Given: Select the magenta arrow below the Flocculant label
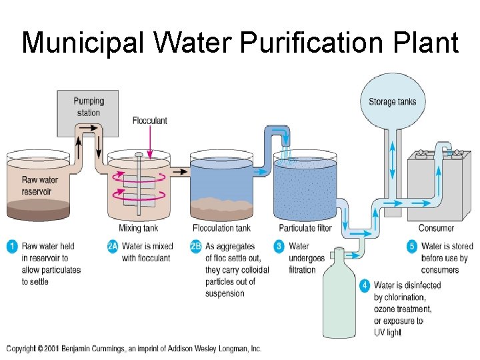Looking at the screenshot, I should coord(150,139).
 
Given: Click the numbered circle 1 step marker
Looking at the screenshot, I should coord(11,247).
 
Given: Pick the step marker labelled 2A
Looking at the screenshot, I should coord(113,247).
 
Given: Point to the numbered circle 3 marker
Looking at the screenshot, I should coord(279,247).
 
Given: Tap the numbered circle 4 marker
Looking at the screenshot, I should coord(365,285).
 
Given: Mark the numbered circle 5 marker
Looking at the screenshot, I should coord(412,247).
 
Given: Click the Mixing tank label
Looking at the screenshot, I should coord(139,228).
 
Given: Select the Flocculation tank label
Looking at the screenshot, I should coord(221,228).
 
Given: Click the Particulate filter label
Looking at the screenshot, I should coord(305,228).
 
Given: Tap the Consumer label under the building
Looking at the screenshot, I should coord(436,228).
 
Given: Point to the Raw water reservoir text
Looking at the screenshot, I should coord(40,185).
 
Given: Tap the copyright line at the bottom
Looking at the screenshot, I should coord(134,349).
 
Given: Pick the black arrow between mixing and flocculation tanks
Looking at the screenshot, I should coord(178,171).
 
